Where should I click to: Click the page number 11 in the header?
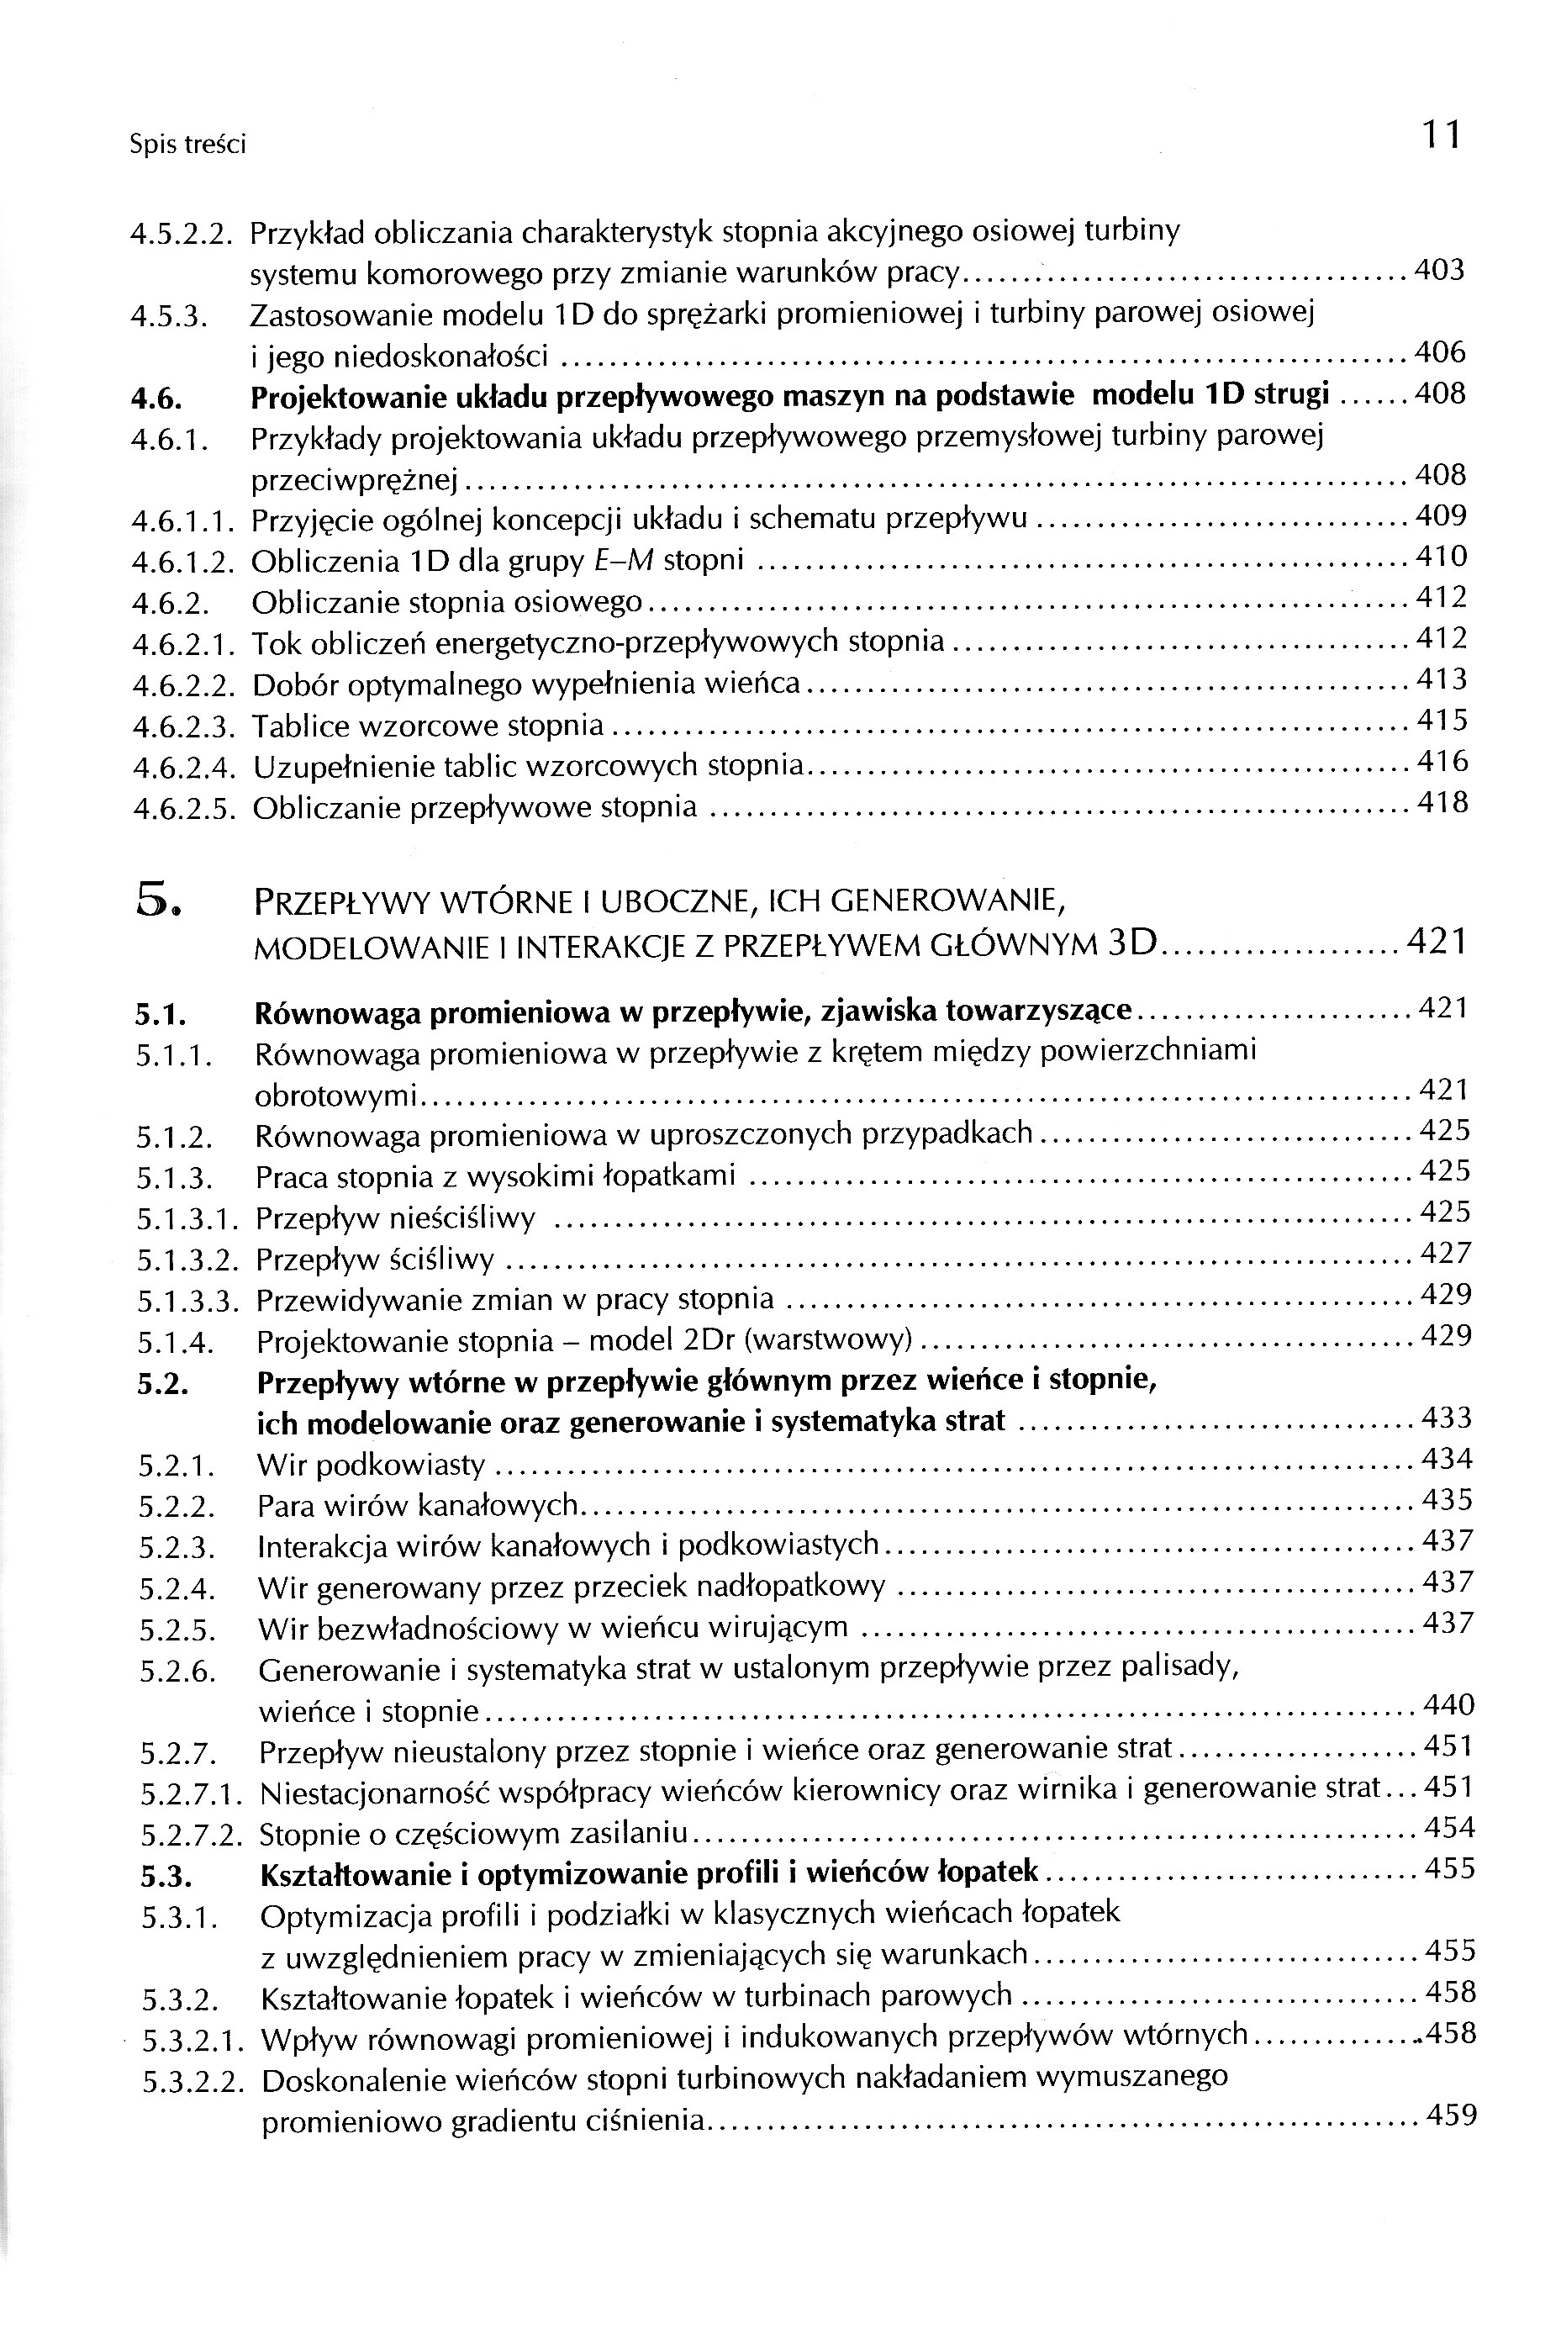point(1440,135)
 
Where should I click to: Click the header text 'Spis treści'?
point(187,145)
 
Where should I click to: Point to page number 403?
point(1440,270)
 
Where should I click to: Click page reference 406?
point(1440,351)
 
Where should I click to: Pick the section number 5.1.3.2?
point(188,1260)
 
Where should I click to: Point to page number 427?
point(1446,1253)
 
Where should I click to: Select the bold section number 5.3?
point(166,1876)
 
